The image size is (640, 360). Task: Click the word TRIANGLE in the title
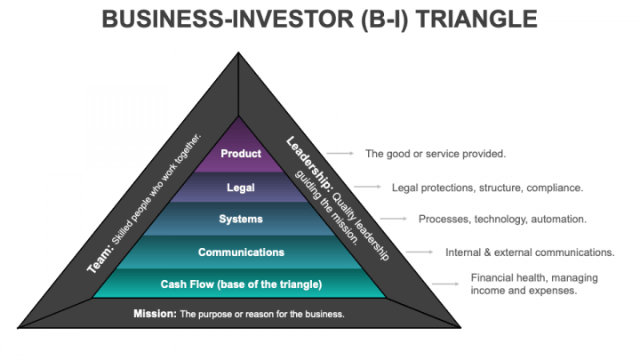point(476,20)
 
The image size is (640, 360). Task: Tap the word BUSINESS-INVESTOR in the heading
point(228,20)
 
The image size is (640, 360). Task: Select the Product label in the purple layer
point(241,154)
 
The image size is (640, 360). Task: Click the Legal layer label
point(241,188)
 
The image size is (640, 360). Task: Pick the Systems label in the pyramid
point(241,220)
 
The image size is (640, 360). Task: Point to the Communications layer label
point(241,252)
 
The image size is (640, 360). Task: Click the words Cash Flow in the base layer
point(187,284)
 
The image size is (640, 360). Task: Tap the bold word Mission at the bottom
point(155,314)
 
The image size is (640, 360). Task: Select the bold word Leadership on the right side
point(309,164)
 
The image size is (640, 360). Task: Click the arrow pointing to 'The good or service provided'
point(340,154)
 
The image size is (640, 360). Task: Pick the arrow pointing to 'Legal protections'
point(367,187)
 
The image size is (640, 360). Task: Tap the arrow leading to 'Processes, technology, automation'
point(394,219)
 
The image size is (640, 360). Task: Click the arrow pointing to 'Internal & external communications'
point(420,252)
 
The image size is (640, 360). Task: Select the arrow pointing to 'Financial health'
point(445,284)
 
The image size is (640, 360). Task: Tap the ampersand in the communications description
point(487,252)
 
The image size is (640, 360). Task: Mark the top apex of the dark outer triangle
point(238,52)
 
